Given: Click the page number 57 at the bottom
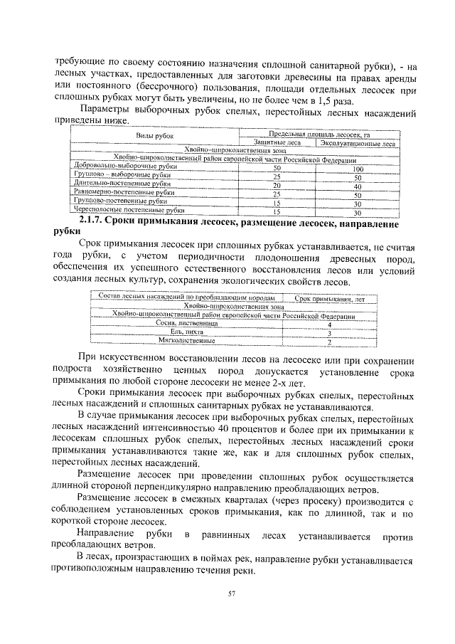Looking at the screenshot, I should coord(231,593).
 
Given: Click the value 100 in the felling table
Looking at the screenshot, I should coord(358,169).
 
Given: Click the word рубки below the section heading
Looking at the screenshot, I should coord(68,231).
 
